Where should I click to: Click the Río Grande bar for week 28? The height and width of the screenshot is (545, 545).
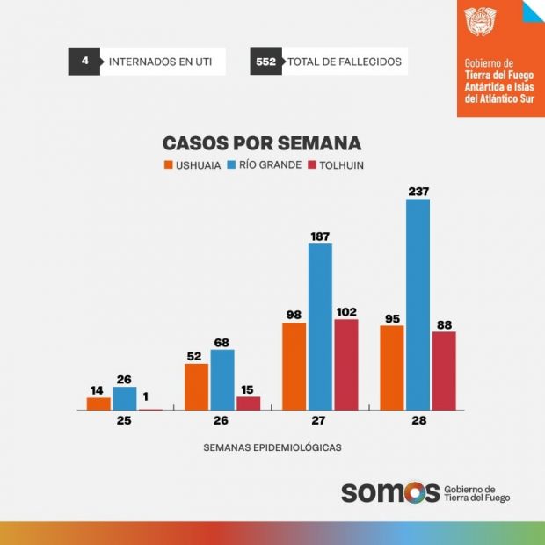click(x=418, y=304)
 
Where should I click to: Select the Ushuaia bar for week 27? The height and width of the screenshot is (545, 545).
click(x=294, y=366)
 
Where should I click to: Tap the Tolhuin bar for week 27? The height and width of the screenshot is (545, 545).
click(x=346, y=364)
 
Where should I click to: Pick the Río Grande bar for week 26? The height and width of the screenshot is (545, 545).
click(x=222, y=380)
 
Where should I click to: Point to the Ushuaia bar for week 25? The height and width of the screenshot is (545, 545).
click(x=98, y=403)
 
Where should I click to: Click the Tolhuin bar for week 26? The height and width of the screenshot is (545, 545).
click(x=249, y=403)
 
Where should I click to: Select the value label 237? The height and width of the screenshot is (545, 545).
click(x=418, y=191)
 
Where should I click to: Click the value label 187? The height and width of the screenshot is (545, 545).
click(x=320, y=235)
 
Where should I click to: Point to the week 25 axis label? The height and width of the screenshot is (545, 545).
click(x=124, y=421)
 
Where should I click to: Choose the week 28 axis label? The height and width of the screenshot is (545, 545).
click(x=418, y=421)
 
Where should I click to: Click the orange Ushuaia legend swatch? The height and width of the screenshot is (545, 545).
click(x=168, y=164)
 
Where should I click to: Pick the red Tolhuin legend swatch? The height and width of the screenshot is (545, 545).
click(x=312, y=164)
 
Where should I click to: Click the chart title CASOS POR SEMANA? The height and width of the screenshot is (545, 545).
click(x=262, y=143)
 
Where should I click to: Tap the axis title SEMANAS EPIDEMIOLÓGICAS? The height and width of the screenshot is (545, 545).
click(x=272, y=447)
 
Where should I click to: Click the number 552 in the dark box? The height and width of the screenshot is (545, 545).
click(x=265, y=62)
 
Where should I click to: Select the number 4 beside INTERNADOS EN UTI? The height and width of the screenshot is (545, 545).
click(x=84, y=62)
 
